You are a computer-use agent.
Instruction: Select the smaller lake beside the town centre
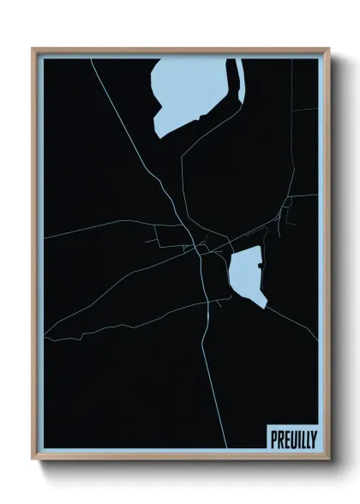pos(245,274)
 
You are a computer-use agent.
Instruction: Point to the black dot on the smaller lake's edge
pos(260,267)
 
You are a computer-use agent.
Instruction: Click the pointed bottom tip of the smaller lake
pos(265,306)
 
